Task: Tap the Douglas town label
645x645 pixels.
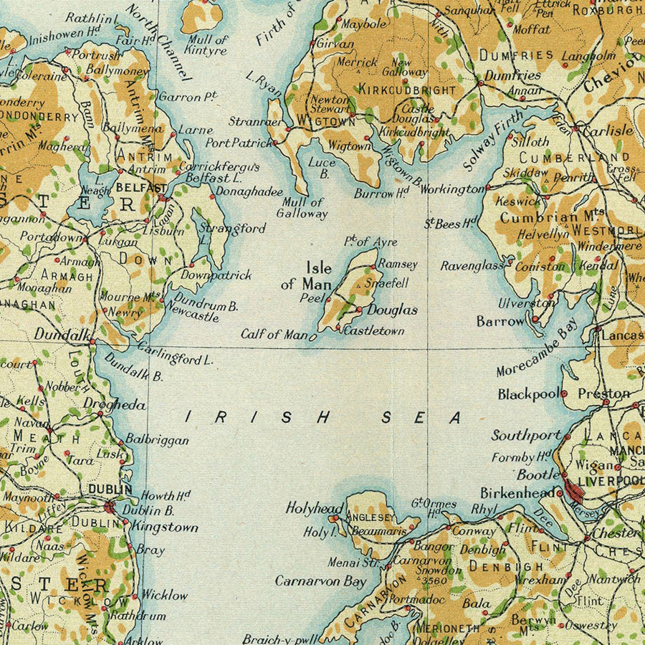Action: tap(392, 310)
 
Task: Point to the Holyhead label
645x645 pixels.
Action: tap(314, 507)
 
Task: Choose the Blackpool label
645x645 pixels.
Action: tap(528, 394)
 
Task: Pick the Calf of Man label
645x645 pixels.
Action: tap(274, 335)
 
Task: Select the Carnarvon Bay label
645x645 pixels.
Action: tap(320, 581)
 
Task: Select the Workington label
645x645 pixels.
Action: tap(452, 189)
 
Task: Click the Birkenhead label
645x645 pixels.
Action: tap(517, 493)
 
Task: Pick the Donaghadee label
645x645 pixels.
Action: tap(245, 193)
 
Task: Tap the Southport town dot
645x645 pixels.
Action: tap(568, 436)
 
